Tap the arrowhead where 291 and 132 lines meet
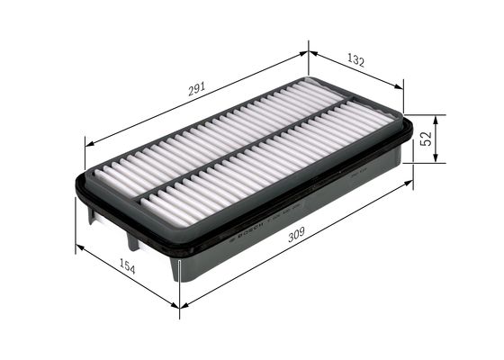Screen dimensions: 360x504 309,52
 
